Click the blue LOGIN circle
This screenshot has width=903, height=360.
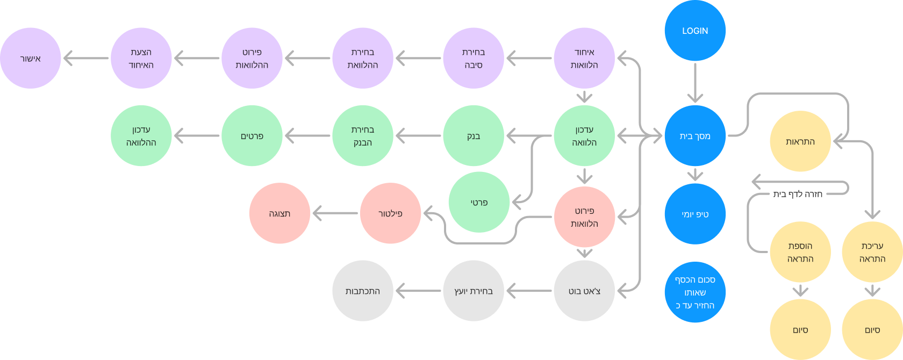pos(695,31)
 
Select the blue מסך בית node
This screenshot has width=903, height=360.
pos(695,136)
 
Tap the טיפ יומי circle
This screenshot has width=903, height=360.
pos(695,214)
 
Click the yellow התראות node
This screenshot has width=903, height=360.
pos(800,141)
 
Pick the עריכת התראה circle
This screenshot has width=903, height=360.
pos(872,252)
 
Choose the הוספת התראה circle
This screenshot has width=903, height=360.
pos(800,252)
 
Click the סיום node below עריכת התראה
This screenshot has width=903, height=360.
pos(872,330)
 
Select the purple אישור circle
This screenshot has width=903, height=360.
pos(31,58)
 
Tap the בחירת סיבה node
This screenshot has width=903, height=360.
pos(474,58)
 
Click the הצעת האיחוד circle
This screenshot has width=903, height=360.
pos(141,58)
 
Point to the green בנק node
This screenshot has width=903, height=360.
pos(474,136)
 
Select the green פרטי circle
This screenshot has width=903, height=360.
pos(479,203)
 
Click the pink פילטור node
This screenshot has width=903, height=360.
pos(390,213)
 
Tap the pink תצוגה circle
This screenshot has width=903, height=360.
pos(279,213)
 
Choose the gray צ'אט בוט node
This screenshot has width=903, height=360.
pos(584,291)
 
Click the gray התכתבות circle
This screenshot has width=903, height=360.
pos(363,291)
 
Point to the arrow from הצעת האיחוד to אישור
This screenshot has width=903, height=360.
pos(86,58)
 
